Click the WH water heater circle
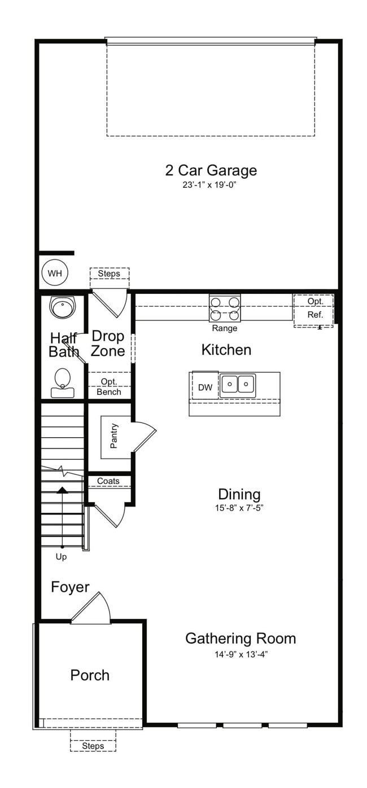55,274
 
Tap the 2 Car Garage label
211,170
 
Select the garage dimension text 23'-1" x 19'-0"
211,185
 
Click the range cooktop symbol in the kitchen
225,309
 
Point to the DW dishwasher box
205,387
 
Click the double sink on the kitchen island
238,384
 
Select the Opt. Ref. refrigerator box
314,309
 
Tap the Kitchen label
226,350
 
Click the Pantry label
114,437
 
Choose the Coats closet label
108,481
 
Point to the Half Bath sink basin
61,307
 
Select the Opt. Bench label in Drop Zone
109,387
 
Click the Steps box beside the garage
109,274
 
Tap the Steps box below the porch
93,746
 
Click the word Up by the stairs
61,557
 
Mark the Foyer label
70,587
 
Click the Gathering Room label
241,639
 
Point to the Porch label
90,675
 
